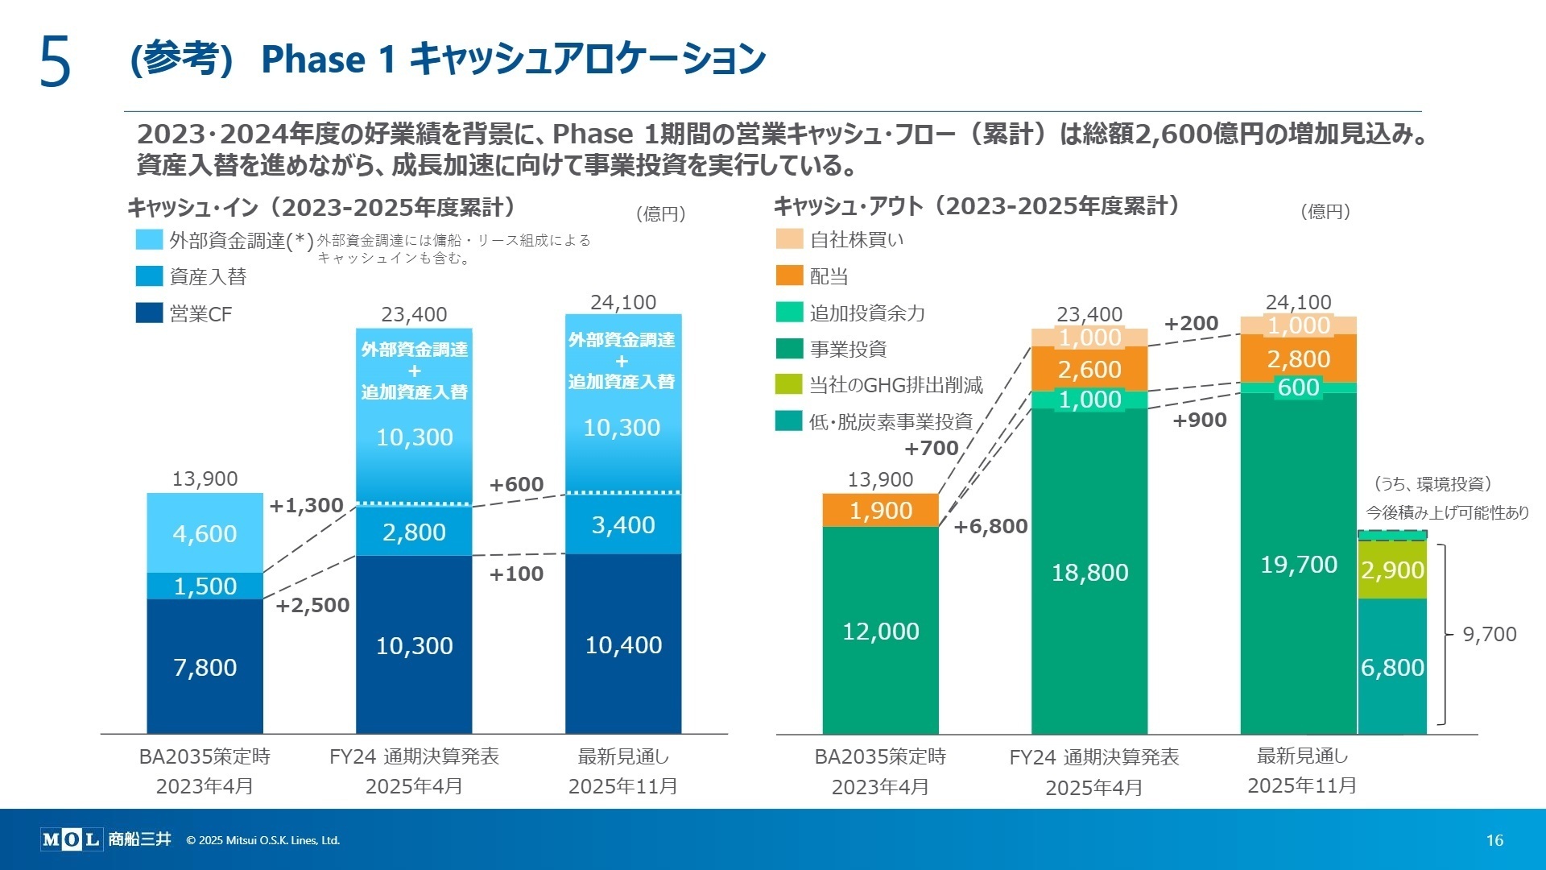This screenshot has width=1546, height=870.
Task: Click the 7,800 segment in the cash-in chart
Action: (205, 667)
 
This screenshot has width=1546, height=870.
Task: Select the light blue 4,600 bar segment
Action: (205, 533)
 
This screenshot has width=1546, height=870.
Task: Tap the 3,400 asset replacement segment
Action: (622, 525)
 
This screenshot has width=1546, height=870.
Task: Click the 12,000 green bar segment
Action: (880, 631)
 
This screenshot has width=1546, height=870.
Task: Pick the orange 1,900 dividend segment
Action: (880, 510)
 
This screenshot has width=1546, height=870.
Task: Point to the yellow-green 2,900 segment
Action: (1392, 570)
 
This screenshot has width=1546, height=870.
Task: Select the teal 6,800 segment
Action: (1392, 667)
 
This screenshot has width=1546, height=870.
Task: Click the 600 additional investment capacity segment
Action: (1298, 387)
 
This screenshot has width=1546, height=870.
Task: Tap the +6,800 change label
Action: (990, 527)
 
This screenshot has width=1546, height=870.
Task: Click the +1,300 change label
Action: (306, 506)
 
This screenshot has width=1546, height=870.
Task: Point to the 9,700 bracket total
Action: (1489, 635)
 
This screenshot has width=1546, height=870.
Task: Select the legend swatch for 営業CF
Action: (150, 313)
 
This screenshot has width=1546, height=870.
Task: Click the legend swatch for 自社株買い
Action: (789, 239)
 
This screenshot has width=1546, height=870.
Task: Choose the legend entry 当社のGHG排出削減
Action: (895, 385)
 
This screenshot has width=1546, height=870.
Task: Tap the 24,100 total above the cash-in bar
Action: (622, 303)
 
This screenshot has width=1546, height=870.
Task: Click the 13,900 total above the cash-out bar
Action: (880, 480)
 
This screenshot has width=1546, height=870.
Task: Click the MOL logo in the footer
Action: (71, 839)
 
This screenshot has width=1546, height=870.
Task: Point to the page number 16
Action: (1494, 840)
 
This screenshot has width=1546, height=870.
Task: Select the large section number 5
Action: (55, 62)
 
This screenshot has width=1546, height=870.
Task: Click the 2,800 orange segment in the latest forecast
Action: (1298, 359)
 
